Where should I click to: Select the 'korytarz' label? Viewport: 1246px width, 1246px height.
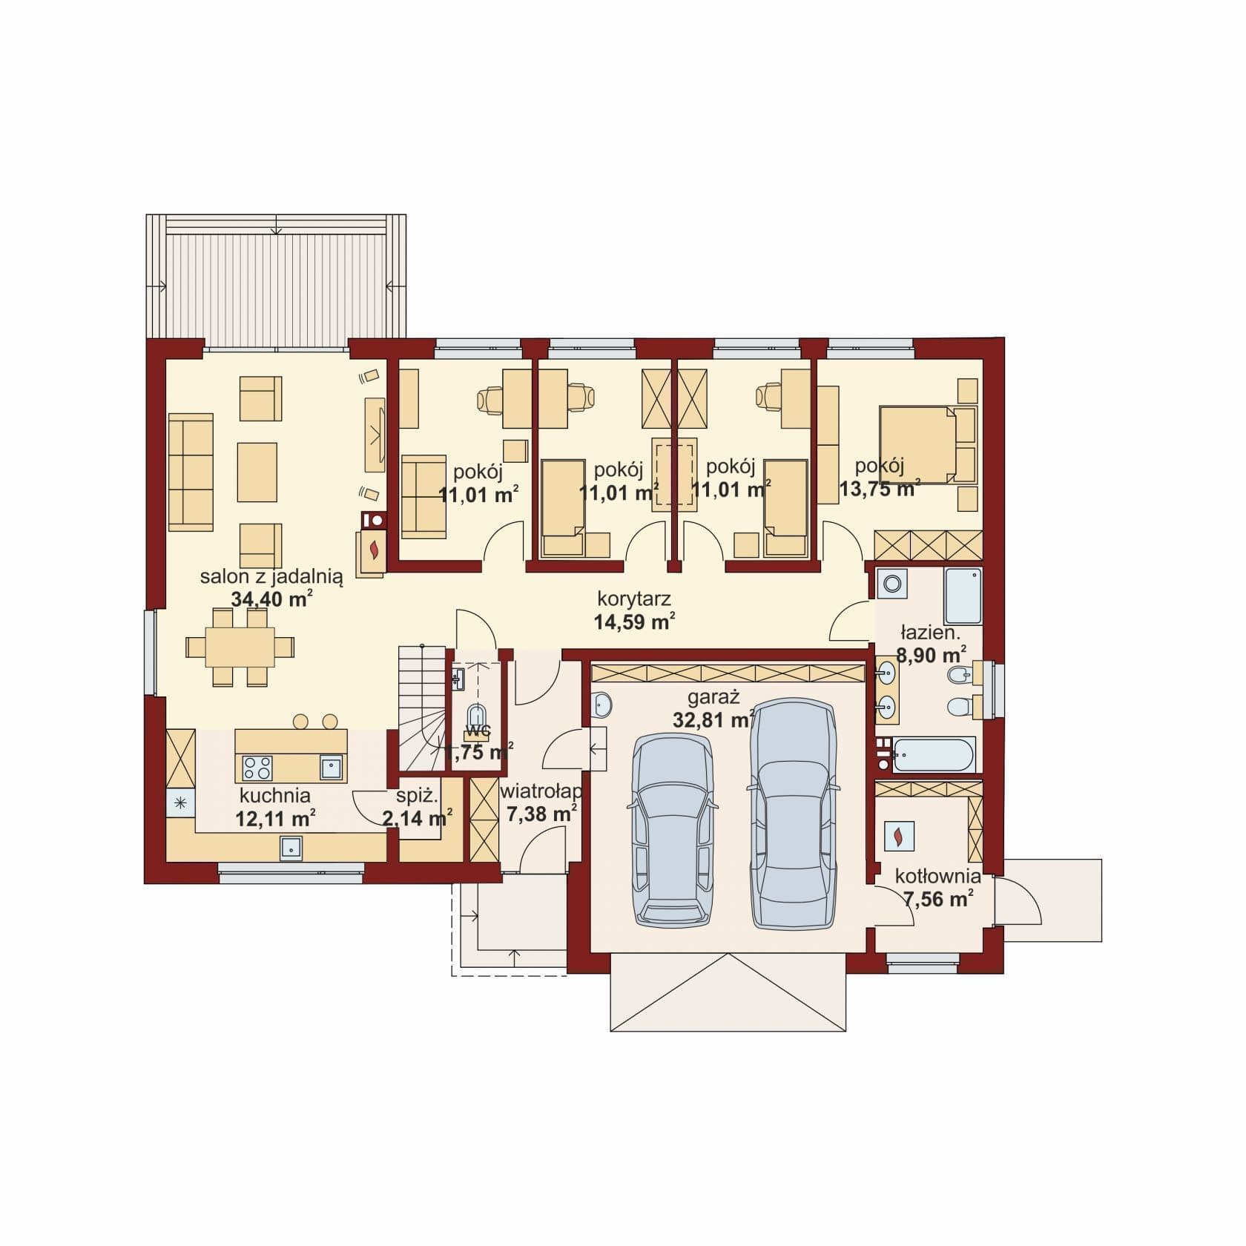point(635,599)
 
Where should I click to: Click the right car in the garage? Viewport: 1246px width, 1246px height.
point(794,813)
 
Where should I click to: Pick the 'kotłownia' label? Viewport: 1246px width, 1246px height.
point(938,877)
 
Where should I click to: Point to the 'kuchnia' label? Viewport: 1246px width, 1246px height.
point(274,796)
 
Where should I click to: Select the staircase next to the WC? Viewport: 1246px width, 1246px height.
point(421,708)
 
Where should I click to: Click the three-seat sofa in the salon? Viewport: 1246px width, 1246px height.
point(191,472)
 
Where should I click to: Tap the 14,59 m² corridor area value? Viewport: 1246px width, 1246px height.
point(635,621)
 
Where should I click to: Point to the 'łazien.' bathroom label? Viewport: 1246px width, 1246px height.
point(930,633)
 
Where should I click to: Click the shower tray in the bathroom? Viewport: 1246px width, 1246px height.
point(963,596)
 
